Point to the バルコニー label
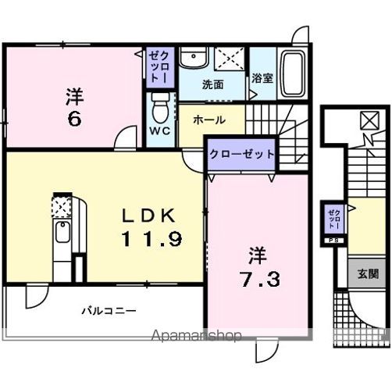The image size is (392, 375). click(110, 310)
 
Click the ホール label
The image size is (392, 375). click(209, 120)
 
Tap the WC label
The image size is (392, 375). click(160, 130)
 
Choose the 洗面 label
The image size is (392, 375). click(212, 84)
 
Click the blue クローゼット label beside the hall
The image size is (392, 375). click(241, 154)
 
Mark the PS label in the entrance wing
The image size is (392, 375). click(333, 240)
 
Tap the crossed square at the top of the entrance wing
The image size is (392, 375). click(368, 120)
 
